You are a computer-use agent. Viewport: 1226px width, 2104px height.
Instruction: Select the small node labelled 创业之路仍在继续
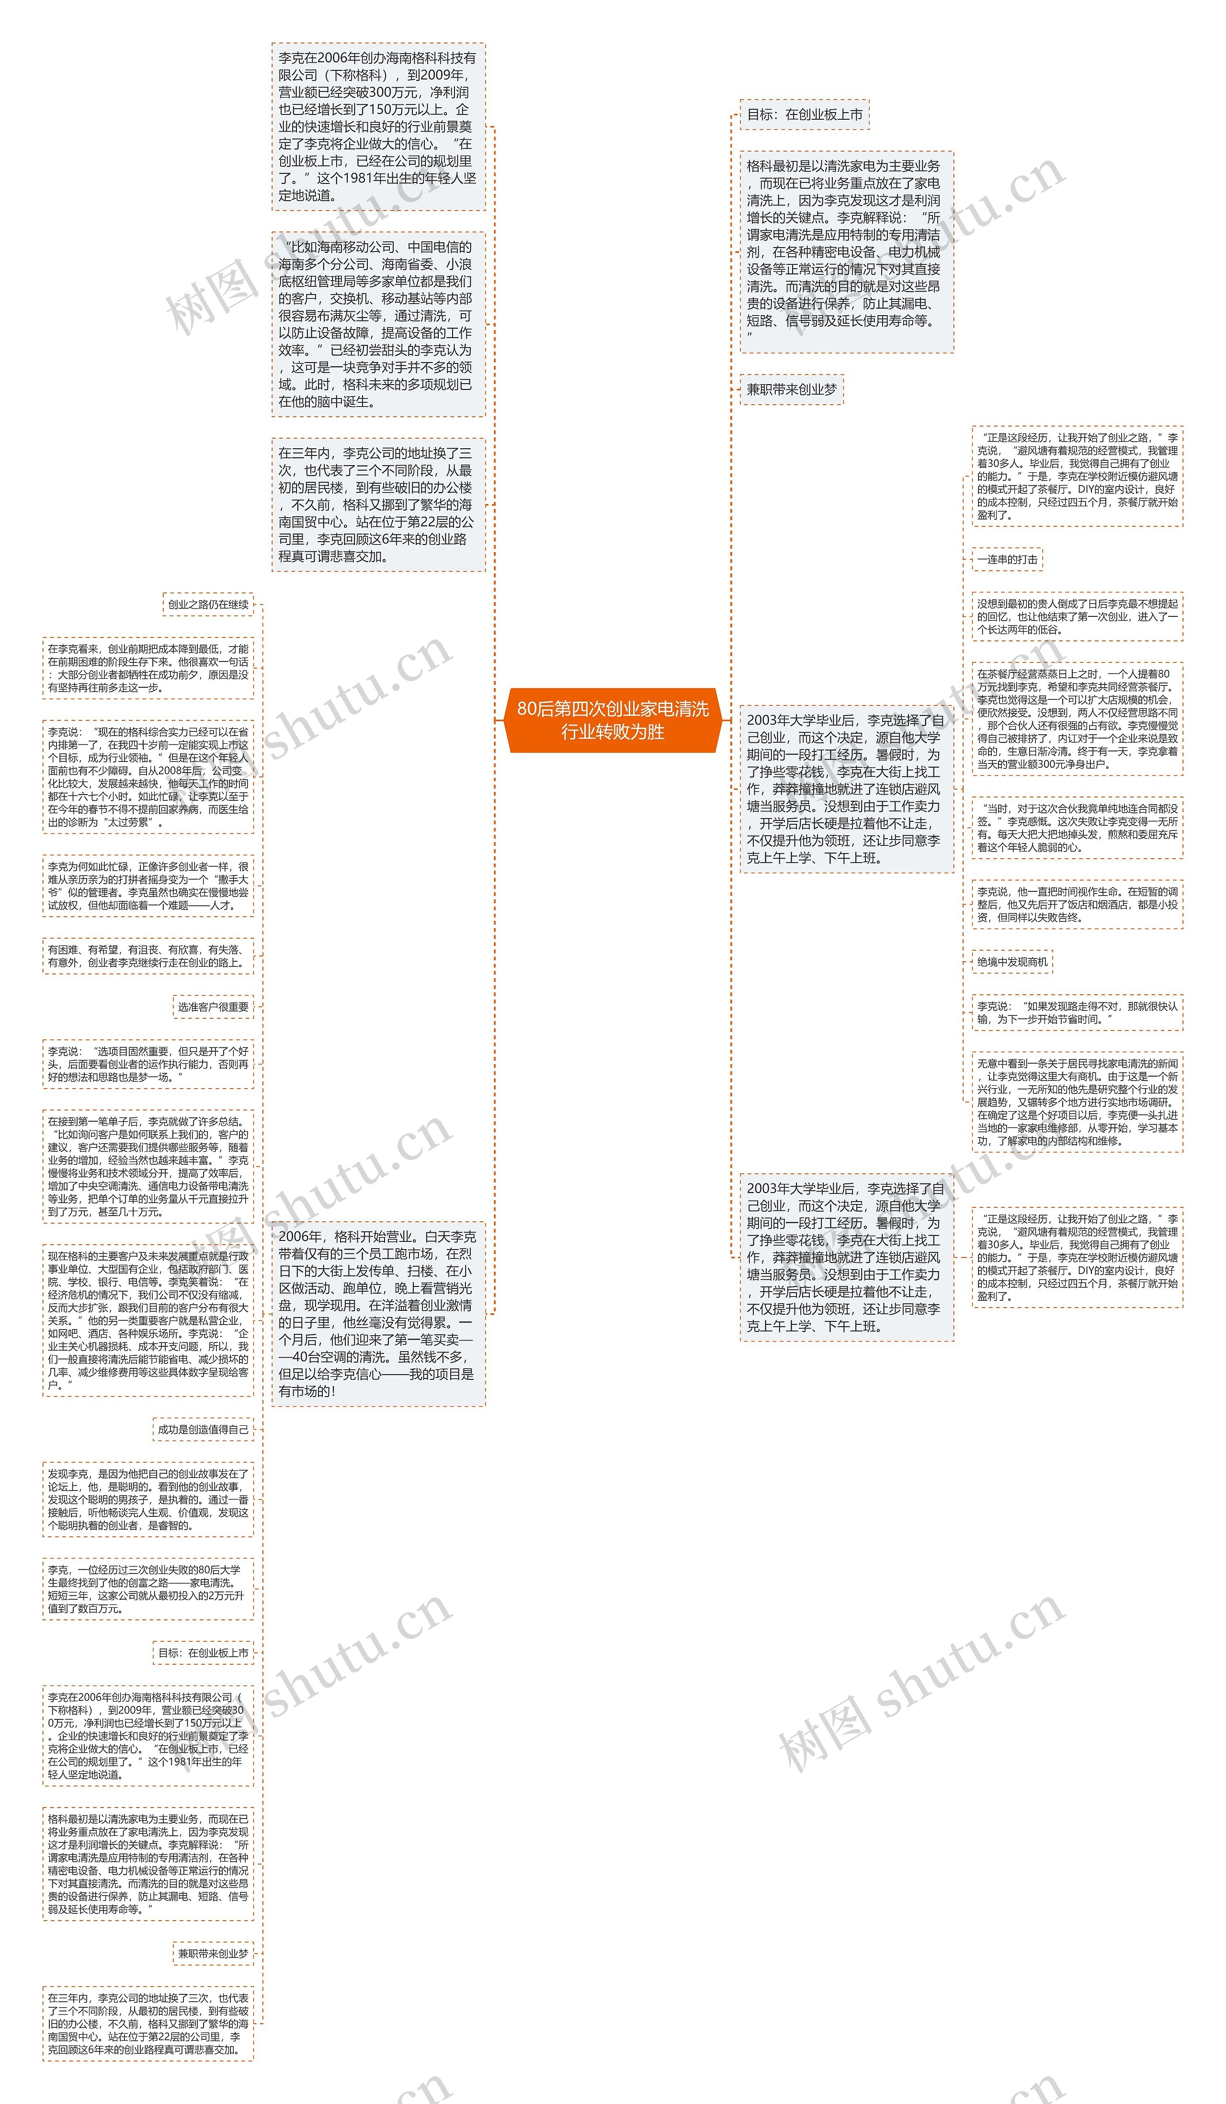coord(208,604)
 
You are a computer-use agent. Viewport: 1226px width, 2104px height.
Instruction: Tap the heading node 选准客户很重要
coord(213,1007)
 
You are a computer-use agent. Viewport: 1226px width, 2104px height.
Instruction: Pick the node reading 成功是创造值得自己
coord(203,1429)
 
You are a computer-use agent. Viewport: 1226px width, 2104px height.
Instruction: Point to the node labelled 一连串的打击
coord(1007,559)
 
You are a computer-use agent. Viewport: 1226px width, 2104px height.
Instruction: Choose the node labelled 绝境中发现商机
coord(1011,962)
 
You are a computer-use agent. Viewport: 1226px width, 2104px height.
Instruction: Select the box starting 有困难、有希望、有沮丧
coord(148,956)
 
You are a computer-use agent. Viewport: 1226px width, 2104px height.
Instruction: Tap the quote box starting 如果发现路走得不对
coord(1077,1013)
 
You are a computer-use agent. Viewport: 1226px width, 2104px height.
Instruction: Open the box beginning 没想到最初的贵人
coord(1077,617)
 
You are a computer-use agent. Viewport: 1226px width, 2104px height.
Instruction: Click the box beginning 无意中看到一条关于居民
coord(1077,1102)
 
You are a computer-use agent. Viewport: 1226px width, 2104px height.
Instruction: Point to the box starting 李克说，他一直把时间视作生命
coord(1077,904)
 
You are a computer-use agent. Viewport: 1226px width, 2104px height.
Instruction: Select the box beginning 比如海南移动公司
coord(378,324)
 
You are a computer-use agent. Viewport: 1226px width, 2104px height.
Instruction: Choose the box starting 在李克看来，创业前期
coord(148,668)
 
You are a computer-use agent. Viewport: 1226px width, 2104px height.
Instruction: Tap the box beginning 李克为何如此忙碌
coord(148,886)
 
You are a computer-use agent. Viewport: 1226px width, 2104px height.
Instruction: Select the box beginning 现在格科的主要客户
coord(148,1320)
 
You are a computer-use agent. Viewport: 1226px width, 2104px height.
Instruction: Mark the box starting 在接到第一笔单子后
coord(148,1166)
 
